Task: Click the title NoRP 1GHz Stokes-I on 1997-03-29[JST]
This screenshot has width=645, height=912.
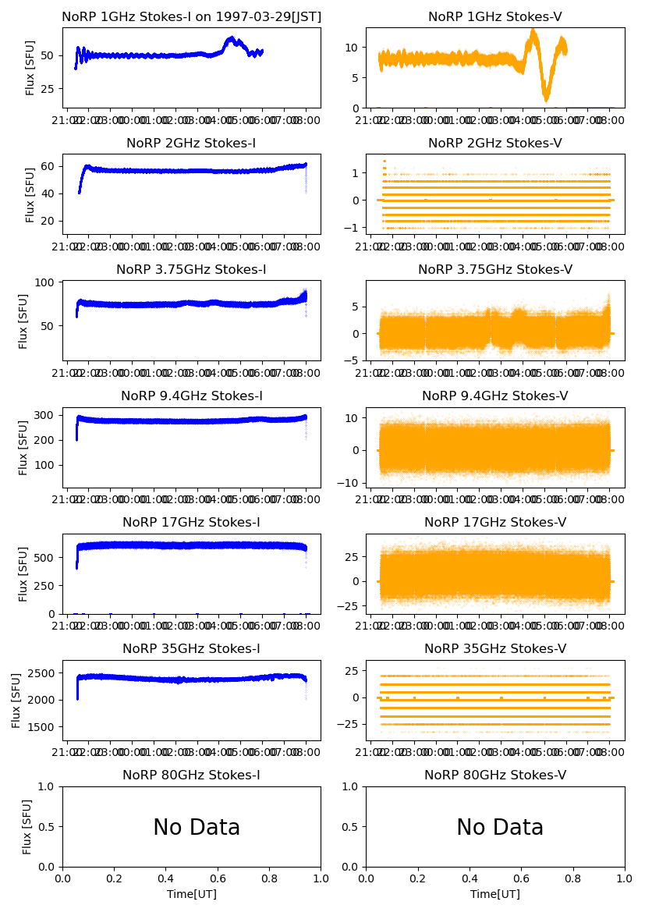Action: [191, 17]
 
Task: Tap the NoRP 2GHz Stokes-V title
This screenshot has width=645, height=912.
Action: [495, 144]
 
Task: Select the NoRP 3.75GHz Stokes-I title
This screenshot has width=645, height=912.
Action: [191, 270]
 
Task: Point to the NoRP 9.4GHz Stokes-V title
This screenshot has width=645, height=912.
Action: [495, 396]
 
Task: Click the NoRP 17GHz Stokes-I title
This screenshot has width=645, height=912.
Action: [191, 523]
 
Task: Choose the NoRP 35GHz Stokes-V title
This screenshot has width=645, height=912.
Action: [495, 649]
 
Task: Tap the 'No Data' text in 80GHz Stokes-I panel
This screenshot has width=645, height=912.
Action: [197, 828]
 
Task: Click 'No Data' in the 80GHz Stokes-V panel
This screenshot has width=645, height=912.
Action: [500, 828]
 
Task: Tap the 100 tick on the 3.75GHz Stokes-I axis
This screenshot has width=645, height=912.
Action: [48, 282]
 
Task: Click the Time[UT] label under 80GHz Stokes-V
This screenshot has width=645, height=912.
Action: [495, 894]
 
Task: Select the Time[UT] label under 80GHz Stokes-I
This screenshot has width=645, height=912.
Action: [191, 894]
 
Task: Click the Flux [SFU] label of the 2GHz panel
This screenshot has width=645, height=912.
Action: [30, 195]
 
